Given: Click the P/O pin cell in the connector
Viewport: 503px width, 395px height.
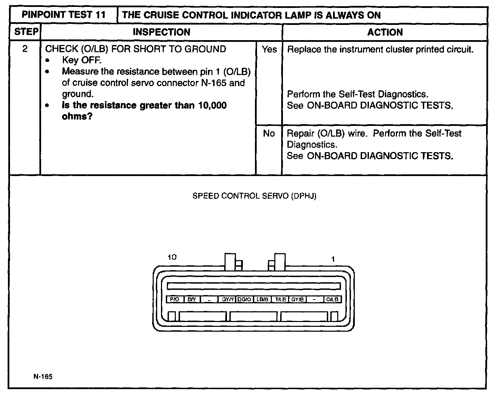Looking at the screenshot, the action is tap(175, 300).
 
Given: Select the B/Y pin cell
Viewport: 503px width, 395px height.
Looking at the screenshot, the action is tap(192, 300).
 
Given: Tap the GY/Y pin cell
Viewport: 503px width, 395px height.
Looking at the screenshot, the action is tap(228, 300).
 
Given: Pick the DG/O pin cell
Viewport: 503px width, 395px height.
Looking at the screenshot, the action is tap(245, 300).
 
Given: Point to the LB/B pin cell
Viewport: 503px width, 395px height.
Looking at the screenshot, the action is tap(263, 300).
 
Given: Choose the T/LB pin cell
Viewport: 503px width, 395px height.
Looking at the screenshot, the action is tap(280, 300).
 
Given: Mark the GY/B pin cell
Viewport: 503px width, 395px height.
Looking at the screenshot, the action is tap(297, 300).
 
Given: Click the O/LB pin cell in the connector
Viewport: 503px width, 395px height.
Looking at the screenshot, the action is tap(332, 300).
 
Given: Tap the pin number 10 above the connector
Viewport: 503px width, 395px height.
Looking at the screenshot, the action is tap(172, 257).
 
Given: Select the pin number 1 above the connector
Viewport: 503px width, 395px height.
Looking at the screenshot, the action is tap(333, 259).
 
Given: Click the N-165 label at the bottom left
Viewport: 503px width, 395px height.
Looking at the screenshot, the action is tap(43, 377).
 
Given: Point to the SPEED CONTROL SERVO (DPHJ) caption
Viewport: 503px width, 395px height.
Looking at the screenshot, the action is tap(254, 196).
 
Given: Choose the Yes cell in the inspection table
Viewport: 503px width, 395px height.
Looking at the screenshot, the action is tap(269, 49).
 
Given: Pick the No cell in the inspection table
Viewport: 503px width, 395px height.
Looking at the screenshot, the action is tap(269, 134).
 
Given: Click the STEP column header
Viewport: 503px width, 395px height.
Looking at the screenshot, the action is tap(26, 32).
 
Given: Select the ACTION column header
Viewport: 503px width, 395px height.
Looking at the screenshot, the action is tap(385, 32).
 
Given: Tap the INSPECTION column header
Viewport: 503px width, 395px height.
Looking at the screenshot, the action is tap(161, 32).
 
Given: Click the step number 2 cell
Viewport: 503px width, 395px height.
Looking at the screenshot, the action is tap(25, 49).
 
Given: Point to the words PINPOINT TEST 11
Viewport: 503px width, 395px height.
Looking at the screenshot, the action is tap(64, 15).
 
